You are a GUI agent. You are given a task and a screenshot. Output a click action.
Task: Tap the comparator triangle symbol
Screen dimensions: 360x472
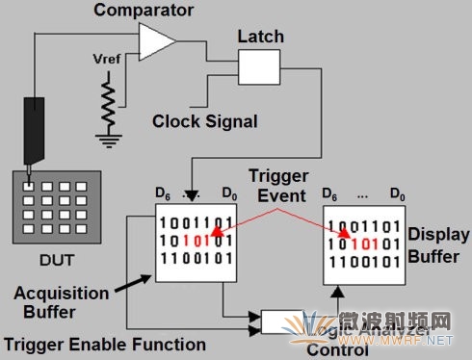pyautogui.click(x=157, y=41)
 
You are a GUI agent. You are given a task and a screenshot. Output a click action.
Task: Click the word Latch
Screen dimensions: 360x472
pyautogui.click(x=259, y=36)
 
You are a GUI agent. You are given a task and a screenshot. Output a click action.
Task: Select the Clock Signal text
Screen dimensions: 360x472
pyautogui.click(x=205, y=121)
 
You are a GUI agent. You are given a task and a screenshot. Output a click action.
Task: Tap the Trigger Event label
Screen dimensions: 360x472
pyautogui.click(x=277, y=186)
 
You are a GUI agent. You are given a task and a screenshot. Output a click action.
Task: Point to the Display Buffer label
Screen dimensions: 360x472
pyautogui.click(x=439, y=244)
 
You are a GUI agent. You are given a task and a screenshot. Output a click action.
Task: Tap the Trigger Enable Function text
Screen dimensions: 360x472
pyautogui.click(x=103, y=344)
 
